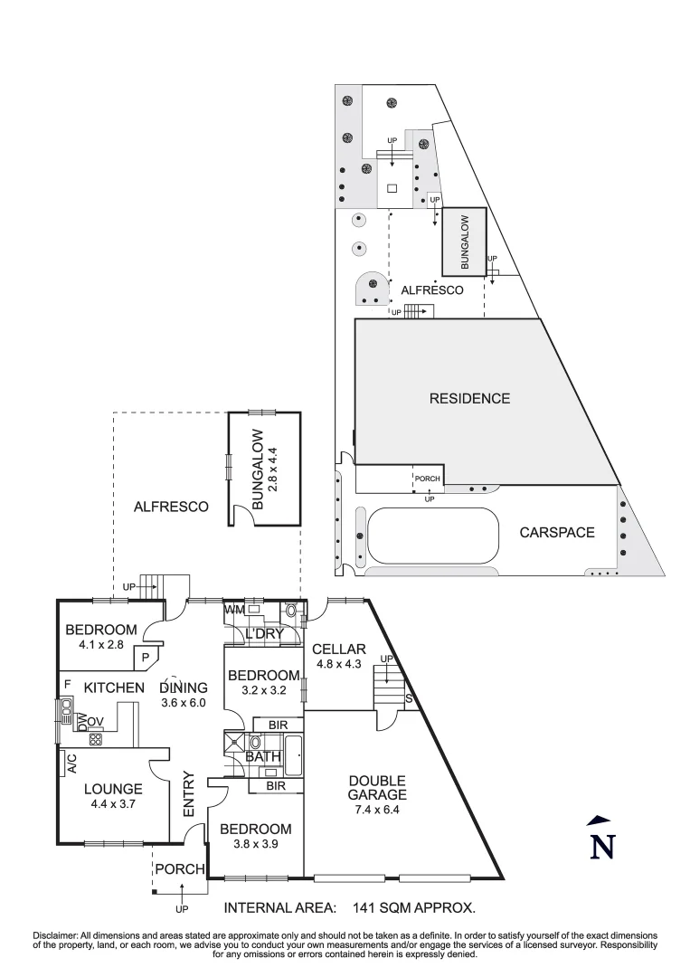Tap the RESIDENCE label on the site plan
[469, 398]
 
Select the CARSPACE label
[557, 532]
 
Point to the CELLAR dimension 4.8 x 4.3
[338, 665]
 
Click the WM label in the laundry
[234, 609]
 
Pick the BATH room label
[261, 756]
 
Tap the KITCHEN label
[114, 688]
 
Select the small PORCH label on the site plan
[427, 478]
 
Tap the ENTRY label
[190, 794]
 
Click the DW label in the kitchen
[82, 721]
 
